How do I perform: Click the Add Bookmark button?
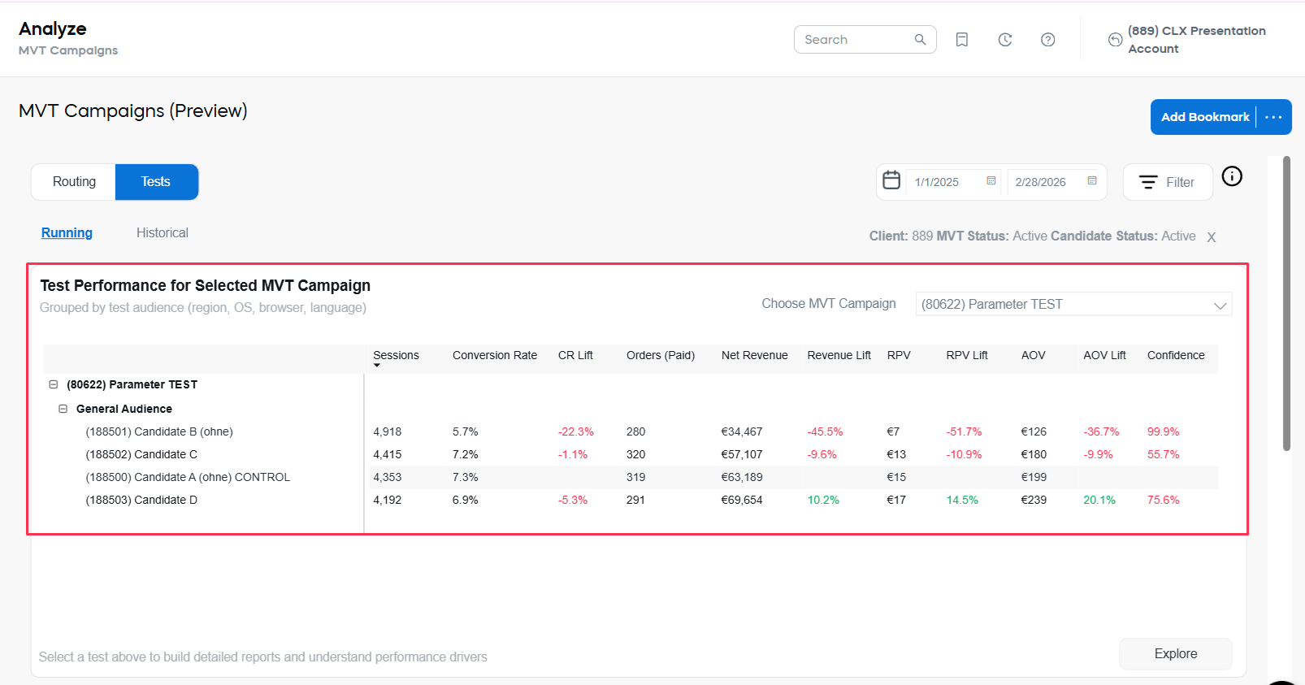(x=1204, y=117)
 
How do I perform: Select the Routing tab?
(x=74, y=182)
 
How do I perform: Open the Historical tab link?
(x=162, y=233)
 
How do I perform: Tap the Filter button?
(x=1167, y=182)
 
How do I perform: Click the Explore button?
(x=1175, y=654)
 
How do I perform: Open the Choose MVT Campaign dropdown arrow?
(x=1219, y=305)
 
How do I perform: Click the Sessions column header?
(x=396, y=356)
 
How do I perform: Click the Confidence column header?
(x=1175, y=356)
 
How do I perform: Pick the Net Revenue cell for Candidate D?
(x=741, y=501)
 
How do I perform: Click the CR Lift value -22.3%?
(x=575, y=432)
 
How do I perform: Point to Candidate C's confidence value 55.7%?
(x=1163, y=455)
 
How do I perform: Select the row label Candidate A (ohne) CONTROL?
(x=188, y=478)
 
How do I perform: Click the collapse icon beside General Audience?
(x=63, y=409)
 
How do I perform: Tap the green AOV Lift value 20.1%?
(x=1099, y=501)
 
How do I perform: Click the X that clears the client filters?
(x=1211, y=237)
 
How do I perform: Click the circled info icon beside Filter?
(x=1232, y=176)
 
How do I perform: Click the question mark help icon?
(x=1047, y=40)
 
